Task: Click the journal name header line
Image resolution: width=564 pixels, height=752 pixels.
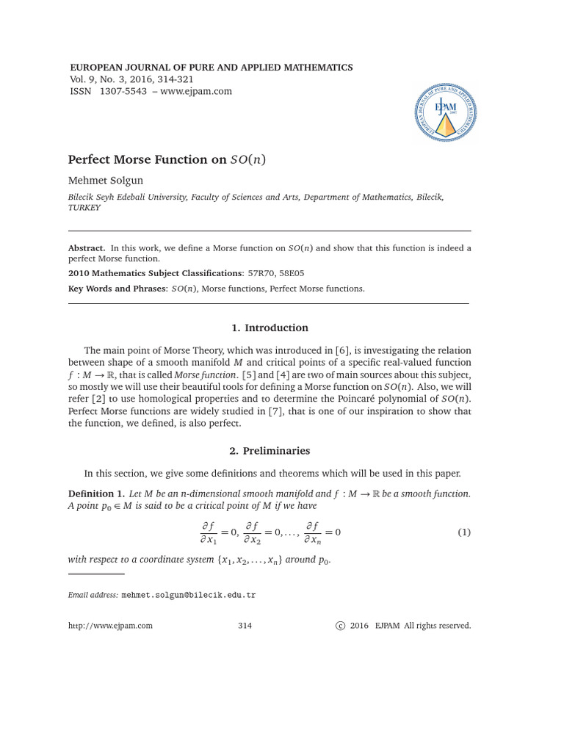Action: coord(210,68)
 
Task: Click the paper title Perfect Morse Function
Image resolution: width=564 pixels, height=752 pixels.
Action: coord(173,159)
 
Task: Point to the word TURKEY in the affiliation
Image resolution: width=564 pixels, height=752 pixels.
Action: coord(84,208)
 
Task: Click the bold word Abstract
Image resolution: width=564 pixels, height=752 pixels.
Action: coord(87,248)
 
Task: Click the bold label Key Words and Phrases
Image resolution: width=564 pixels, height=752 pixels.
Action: coord(117,289)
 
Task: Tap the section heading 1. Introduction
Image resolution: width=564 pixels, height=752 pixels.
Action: coord(269,328)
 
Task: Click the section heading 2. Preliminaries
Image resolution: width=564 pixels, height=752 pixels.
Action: coord(269,451)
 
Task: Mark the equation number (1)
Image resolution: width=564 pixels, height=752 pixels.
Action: coord(463,532)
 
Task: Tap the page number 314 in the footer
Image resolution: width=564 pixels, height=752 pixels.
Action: coord(245,626)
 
